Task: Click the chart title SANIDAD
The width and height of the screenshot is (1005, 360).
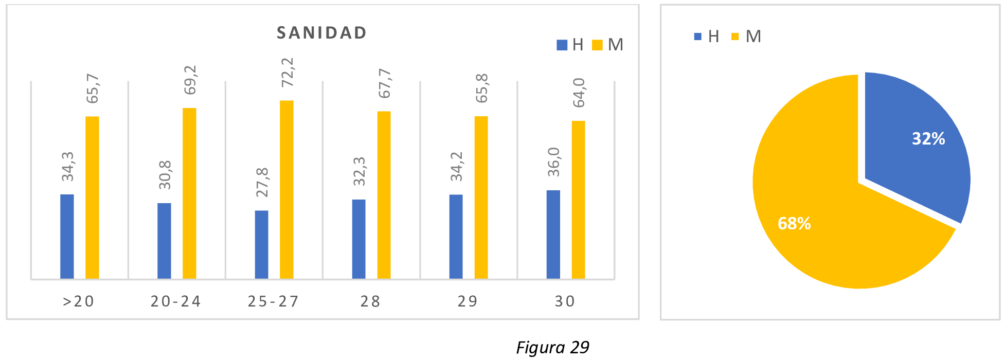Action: coord(321,33)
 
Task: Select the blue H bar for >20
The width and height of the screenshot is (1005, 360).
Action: coord(67,237)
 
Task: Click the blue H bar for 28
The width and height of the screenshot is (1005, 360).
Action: coord(358,239)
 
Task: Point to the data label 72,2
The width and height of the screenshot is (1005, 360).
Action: coord(287,72)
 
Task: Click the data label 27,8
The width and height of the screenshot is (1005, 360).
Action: coord(262,182)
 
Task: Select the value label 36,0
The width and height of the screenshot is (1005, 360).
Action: coord(553,162)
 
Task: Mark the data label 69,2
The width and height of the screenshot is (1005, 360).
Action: coord(190,80)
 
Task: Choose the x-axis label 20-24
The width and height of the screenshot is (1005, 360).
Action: coord(176,301)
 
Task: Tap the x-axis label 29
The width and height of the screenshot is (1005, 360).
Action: coord(468,301)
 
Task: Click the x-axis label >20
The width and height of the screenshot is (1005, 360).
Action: coord(79,301)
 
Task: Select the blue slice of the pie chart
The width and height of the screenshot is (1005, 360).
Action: coord(916,144)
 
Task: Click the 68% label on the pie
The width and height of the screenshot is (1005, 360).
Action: coord(794,223)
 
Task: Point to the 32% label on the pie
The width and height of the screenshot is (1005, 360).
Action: coord(928,139)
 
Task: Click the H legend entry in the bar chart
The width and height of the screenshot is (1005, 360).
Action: coord(570,45)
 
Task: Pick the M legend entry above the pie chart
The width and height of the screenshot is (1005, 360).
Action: coord(746,37)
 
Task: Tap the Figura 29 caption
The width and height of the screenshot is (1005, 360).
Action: coord(552,348)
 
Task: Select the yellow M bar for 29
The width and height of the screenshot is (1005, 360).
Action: coord(481,197)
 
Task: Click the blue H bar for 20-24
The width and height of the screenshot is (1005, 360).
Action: coord(164,241)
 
